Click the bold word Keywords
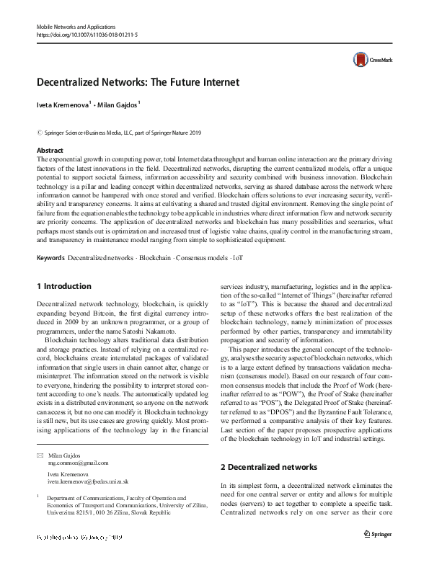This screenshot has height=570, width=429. pos(50,257)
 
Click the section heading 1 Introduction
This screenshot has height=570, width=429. pos(63,286)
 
